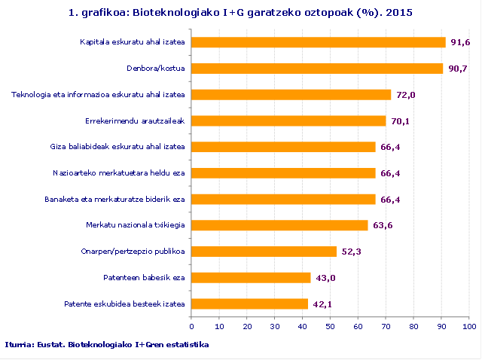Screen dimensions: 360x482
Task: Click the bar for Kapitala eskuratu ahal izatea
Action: pos(319,42)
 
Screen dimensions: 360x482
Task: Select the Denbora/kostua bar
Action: pos(317,69)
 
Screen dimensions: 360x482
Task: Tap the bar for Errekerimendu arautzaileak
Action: pos(288,121)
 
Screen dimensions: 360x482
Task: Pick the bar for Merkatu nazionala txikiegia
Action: pos(279,225)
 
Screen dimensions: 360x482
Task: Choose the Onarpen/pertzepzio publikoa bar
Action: pos(264,252)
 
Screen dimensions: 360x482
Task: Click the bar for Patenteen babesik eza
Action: pos(251,278)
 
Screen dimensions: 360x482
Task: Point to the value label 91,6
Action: pos(460,42)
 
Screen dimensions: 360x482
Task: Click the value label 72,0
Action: pos(406,95)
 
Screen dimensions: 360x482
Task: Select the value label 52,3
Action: pos(352,252)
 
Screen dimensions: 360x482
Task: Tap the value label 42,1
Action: pos(323,304)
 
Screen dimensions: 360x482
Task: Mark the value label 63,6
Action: pos(383,225)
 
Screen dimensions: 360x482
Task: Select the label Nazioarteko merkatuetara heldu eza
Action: pos(119,173)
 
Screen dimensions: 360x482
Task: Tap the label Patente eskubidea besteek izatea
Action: pos(124,304)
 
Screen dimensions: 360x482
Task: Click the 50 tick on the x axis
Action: pos(331,327)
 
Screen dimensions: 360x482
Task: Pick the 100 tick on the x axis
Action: pos(469,327)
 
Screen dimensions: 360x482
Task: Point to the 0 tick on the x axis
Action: pos(191,327)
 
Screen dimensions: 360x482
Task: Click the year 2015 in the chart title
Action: pos(399,13)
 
